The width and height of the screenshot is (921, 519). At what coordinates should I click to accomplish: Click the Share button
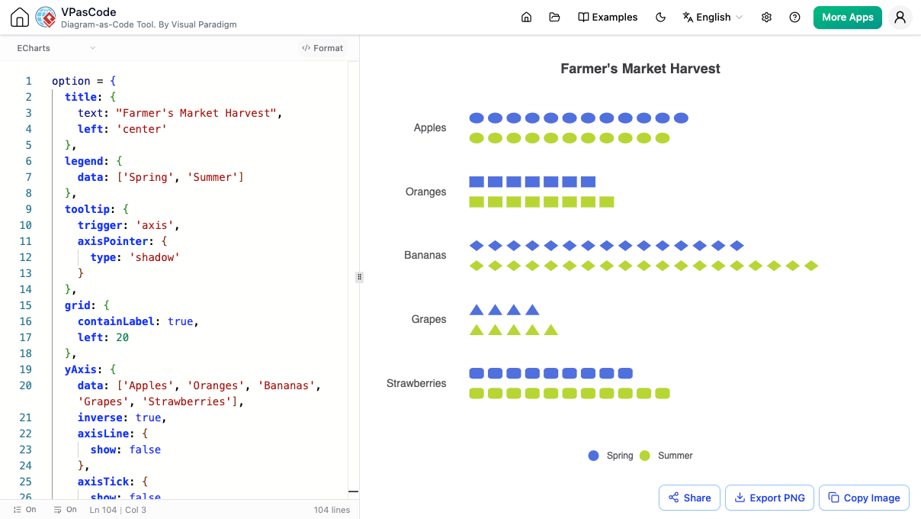coord(689,498)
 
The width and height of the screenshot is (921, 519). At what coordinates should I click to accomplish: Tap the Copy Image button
coord(864,498)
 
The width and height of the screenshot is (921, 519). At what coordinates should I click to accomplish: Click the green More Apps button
coord(847,18)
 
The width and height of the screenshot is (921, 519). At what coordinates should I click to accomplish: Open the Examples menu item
coord(608,18)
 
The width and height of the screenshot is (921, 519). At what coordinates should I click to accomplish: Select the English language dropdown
coord(713,18)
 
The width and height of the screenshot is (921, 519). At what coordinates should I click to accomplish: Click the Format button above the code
coord(323,48)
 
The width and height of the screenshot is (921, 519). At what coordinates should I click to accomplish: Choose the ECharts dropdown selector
coord(56,48)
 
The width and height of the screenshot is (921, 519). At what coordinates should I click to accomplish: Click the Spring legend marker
coord(593,456)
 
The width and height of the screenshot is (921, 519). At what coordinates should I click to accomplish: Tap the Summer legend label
coord(676,456)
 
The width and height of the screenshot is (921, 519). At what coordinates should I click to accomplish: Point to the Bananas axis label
coord(425,255)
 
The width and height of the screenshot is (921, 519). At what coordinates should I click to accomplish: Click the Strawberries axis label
coord(416,383)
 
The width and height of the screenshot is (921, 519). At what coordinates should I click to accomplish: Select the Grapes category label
coord(428,319)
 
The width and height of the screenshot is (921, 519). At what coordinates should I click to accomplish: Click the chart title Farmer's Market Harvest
coord(640,69)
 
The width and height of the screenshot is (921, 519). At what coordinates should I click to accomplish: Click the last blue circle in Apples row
coord(681,118)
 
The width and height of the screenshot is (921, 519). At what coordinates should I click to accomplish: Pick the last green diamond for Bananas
coord(810,266)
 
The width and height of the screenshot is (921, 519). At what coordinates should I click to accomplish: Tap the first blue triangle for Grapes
coord(477,310)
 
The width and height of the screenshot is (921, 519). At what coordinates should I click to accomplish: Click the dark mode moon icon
coord(660,18)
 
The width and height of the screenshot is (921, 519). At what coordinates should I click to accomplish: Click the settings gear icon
coord(766,18)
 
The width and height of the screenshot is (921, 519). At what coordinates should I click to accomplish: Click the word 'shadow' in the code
coord(155,257)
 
